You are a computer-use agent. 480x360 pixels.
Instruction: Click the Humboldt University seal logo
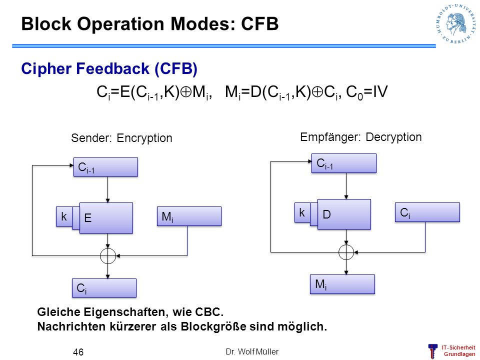click(456, 23)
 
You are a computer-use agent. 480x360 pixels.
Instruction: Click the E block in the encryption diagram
click(106, 218)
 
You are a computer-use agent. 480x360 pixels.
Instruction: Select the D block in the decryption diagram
click(344, 214)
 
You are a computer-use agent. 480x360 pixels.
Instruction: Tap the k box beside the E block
click(64, 216)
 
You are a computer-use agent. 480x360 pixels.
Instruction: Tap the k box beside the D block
click(302, 212)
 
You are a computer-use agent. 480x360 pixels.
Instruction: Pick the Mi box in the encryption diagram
click(189, 216)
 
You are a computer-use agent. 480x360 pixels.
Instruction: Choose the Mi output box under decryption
click(342, 284)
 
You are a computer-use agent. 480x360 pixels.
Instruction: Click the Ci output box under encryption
click(104, 288)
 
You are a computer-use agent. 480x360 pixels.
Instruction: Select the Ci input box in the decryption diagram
click(427, 212)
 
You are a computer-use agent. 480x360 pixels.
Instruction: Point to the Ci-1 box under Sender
click(105, 167)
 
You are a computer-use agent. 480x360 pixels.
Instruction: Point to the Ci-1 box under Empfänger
click(344, 163)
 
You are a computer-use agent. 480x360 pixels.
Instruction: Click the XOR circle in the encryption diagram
click(108, 256)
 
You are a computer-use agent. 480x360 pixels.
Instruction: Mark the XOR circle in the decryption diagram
click(346, 252)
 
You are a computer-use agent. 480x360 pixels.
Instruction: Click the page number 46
click(78, 352)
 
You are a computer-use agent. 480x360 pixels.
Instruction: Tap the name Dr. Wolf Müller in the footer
click(252, 351)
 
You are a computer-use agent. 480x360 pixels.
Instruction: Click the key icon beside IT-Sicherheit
click(432, 351)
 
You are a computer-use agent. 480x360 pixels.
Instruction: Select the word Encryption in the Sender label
click(144, 138)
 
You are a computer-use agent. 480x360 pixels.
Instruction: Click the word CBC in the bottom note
click(209, 312)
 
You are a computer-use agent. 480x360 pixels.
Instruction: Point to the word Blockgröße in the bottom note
click(213, 326)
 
